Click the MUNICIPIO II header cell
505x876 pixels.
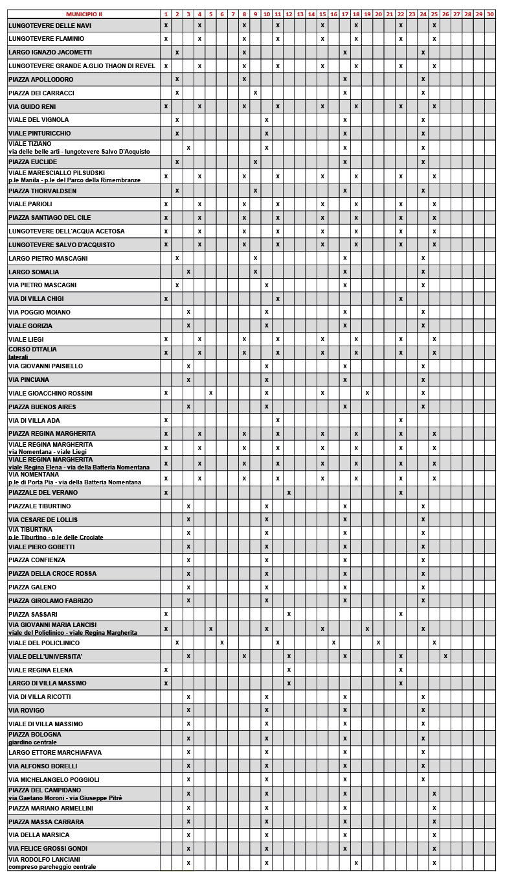[x=84, y=14]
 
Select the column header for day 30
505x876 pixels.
[x=489, y=14]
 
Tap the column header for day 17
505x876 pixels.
[x=345, y=14]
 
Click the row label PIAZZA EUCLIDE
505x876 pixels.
[x=33, y=161]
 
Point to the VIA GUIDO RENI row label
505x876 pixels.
[x=32, y=106]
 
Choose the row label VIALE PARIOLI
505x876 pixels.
[x=30, y=204]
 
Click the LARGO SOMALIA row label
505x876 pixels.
[x=34, y=272]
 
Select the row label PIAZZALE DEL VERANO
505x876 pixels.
[x=43, y=493]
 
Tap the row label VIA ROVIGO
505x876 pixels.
[x=27, y=711]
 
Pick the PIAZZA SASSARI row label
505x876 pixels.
[x=33, y=614]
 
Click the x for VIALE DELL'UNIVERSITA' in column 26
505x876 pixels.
[x=445, y=656]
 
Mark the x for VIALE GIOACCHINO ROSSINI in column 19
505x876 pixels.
[x=367, y=393]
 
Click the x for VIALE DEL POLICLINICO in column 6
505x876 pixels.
[x=222, y=643]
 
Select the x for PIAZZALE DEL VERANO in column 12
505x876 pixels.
[x=289, y=493]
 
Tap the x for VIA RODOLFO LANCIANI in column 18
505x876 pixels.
[x=356, y=863]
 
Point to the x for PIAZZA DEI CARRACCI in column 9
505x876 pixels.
[x=255, y=93]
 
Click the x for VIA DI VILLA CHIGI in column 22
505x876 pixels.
[x=401, y=299]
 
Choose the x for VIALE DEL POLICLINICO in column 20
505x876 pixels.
[x=378, y=643]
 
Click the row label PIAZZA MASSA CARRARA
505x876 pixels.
[x=46, y=822]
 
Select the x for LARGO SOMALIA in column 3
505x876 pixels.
[x=188, y=272]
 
